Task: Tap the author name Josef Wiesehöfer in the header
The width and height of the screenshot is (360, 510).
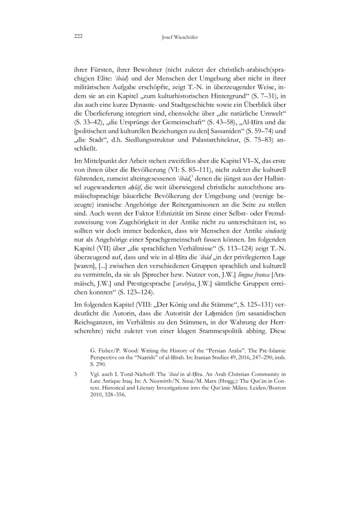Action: pyautogui.click(x=180, y=37)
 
